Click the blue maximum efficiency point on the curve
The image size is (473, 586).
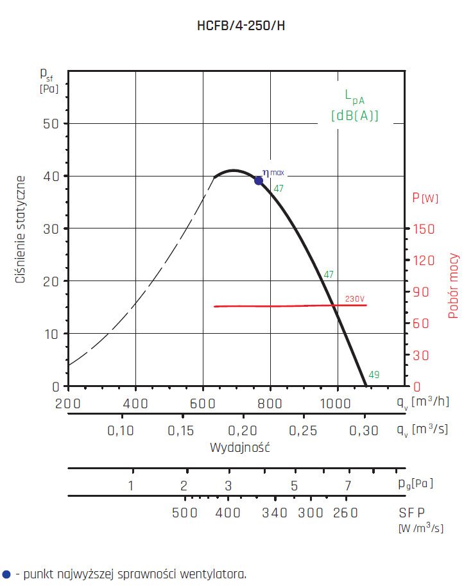point(259,180)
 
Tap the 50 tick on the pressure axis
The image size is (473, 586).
point(51,123)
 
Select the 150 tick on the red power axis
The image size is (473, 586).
point(424,229)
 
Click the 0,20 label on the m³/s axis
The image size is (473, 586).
point(242,431)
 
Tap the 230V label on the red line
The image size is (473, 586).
point(354,299)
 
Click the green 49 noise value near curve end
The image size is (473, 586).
point(374,375)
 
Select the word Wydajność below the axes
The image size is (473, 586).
point(239,447)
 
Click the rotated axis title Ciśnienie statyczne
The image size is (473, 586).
point(21,229)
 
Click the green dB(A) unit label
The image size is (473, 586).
point(355,116)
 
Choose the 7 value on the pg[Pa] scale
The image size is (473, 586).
point(348,485)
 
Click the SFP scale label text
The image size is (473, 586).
point(411,513)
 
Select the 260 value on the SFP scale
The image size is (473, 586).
point(345,513)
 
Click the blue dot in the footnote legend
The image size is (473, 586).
point(7,574)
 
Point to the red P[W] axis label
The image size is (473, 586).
point(425,198)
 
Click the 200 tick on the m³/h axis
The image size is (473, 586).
point(67,403)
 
